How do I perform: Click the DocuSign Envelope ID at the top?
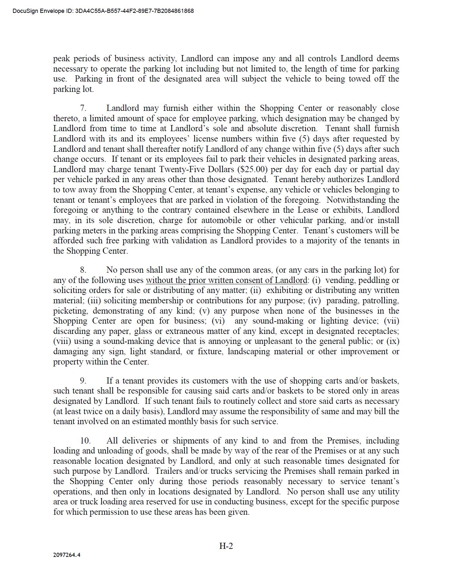[103, 11]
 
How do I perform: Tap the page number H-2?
[226, 546]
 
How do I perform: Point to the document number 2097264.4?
[67, 555]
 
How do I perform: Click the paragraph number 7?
[83, 108]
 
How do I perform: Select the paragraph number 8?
[83, 270]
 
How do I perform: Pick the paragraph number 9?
[83, 381]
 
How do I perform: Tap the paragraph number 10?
[85, 441]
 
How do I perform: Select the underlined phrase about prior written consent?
[226, 280]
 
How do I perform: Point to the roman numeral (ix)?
[393, 341]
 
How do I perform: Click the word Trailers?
[168, 471]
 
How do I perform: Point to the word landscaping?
[249, 352]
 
